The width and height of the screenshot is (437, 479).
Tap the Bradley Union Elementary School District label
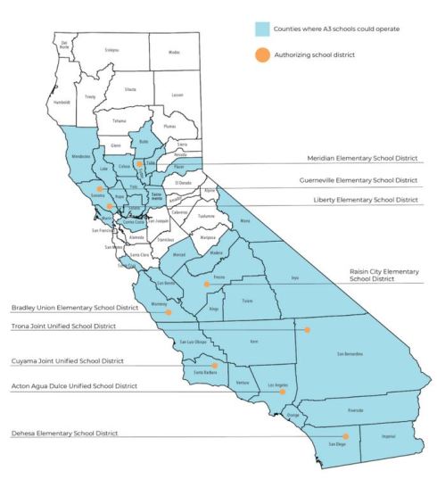74,308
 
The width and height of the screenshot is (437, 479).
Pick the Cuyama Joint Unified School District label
67,362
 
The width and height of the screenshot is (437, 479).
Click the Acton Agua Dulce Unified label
74,386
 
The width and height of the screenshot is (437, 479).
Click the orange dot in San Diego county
321,436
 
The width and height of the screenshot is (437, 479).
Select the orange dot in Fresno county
207,284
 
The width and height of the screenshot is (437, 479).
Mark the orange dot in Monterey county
168,312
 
